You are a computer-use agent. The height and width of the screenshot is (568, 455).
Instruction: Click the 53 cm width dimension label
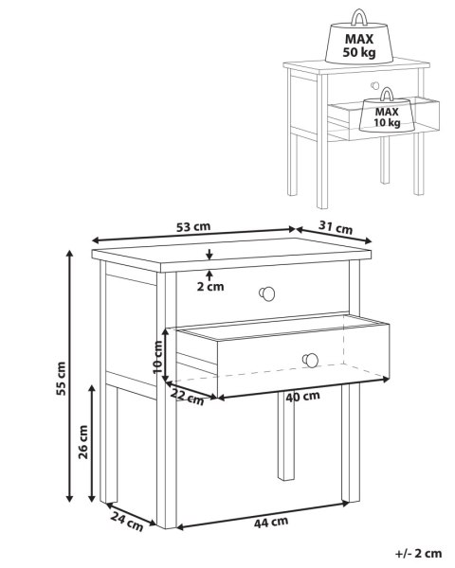tap(193, 227)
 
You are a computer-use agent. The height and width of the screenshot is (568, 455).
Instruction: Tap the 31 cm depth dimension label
tap(336, 227)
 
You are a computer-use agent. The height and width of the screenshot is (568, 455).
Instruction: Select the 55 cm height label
tap(61, 379)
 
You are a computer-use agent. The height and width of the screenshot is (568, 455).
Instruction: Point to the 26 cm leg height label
tap(83, 442)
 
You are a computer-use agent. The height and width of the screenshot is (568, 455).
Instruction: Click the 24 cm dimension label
tap(127, 522)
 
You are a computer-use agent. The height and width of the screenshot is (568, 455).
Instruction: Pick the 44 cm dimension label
tap(271, 523)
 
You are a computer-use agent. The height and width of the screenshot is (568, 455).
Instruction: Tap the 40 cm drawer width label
tap(302, 397)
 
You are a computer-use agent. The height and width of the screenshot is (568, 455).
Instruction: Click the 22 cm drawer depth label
tap(188, 397)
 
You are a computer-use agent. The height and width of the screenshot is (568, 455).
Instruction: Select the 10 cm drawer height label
tap(158, 357)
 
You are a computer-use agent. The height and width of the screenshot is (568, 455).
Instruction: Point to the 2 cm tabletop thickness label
tap(210, 287)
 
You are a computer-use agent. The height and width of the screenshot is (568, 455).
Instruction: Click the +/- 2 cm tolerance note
tap(418, 553)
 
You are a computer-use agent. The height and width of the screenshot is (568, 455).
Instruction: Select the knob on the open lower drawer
tap(310, 360)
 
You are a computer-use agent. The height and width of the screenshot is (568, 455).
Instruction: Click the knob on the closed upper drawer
tap(267, 293)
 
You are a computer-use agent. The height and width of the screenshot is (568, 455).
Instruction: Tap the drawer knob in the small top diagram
tap(374, 86)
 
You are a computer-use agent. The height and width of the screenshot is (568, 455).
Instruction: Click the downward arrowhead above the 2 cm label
tap(209, 257)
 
